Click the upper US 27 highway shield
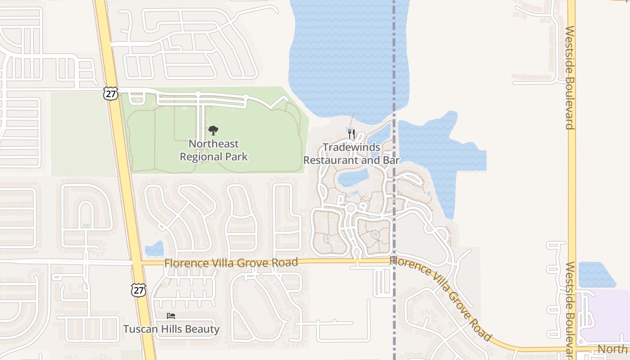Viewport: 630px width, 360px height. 110,93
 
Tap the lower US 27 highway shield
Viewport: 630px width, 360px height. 139,290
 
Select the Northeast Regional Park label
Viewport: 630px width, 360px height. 214,150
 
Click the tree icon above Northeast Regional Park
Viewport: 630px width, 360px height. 213,130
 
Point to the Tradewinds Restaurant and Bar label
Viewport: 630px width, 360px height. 351,153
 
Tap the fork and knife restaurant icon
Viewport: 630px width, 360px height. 351,134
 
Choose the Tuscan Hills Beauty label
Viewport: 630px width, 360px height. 171,329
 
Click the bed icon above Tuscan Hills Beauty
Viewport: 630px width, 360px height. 171,316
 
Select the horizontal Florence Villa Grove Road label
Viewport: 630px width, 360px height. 231,262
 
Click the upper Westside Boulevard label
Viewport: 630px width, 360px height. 570,77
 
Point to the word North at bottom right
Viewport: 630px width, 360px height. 612,349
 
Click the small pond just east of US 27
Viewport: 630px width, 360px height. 155,249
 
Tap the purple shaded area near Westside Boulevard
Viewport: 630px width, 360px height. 605,315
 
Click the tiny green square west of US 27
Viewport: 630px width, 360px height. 86,225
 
